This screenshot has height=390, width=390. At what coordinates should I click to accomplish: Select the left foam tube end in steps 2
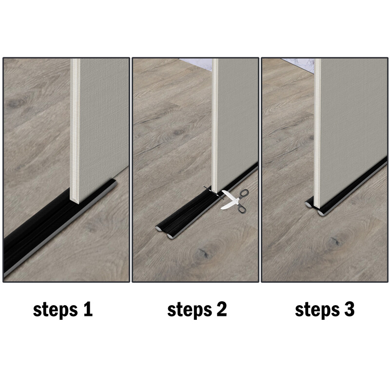coord(159,228)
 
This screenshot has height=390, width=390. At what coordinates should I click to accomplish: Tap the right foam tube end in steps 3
coord(321,212)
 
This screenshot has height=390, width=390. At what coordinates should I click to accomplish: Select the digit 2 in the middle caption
coord(221,310)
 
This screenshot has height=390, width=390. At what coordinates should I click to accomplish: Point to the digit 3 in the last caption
coord(349,310)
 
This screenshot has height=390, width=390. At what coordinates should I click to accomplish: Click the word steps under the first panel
coord(55,310)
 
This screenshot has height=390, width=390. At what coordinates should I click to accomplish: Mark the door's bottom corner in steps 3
coord(317,205)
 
